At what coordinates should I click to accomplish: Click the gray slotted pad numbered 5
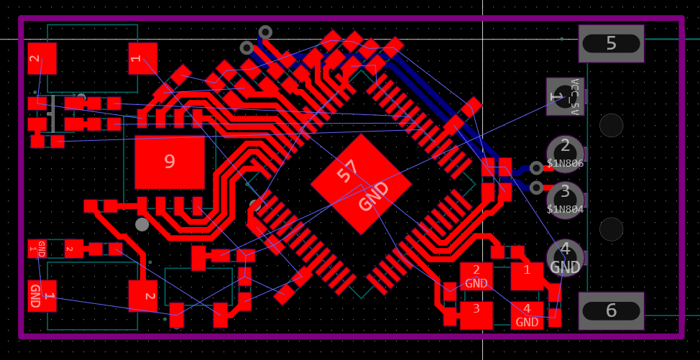(611, 43)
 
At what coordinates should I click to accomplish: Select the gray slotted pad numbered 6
(611, 310)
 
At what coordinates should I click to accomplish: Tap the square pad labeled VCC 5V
(565, 96)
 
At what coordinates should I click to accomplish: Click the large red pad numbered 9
(170, 162)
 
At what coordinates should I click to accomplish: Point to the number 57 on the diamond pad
(349, 171)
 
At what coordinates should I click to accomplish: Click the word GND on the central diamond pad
(374, 196)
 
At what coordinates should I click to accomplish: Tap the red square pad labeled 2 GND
(476, 276)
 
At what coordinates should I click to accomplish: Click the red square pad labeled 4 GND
(527, 315)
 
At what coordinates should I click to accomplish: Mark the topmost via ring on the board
(265, 32)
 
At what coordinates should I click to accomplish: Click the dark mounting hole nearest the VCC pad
(611, 125)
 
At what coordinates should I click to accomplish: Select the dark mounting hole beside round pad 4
(611, 229)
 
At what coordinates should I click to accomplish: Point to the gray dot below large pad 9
(142, 224)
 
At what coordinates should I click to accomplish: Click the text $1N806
(565, 164)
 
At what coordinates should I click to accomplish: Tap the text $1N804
(565, 210)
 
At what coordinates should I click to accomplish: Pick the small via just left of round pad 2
(536, 168)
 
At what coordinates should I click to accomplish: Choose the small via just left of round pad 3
(536, 188)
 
